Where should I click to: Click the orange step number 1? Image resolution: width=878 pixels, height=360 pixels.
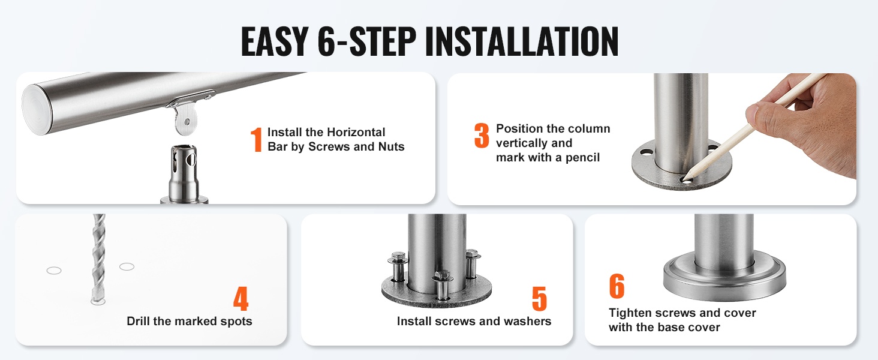click(x=256, y=140)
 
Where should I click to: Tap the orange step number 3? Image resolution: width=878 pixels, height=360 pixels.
click(x=482, y=135)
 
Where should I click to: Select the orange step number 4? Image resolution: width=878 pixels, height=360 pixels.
click(x=240, y=298)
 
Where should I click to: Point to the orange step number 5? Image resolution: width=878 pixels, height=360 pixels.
click(x=539, y=298)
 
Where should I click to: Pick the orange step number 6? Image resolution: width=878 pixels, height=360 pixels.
click(x=617, y=286)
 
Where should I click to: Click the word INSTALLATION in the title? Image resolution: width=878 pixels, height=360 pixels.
click(x=522, y=41)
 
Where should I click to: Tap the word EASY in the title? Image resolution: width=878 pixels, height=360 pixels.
click(x=275, y=41)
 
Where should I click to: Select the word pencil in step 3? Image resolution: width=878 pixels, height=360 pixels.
click(x=581, y=158)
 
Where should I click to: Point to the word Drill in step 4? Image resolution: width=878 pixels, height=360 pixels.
click(x=139, y=321)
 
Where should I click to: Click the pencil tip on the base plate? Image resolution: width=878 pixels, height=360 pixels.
click(x=683, y=179)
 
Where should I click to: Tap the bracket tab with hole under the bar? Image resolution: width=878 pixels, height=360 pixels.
click(x=186, y=120)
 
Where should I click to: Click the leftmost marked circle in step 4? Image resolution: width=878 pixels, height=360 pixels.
click(x=54, y=270)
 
